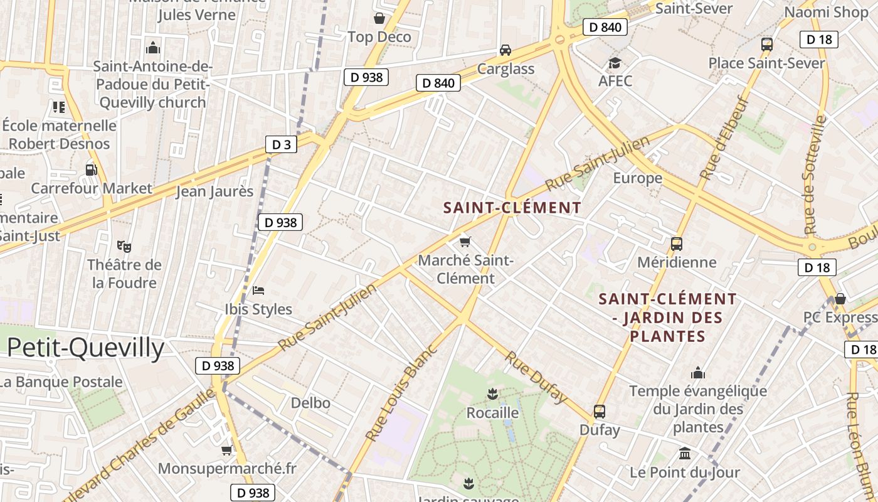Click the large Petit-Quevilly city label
tap(86, 348)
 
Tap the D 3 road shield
tap(281, 145)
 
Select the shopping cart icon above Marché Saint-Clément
tap(465, 242)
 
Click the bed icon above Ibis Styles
tap(258, 290)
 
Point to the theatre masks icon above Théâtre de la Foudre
tap(124, 246)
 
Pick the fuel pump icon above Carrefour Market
tap(92, 169)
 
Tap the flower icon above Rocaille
tap(492, 394)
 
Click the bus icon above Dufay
tap(600, 412)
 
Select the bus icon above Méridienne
tap(676, 244)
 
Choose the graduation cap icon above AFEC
tap(615, 63)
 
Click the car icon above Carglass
tap(505, 50)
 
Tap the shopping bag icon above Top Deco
tap(379, 18)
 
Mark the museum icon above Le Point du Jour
tap(685, 453)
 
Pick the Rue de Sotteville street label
tap(815, 175)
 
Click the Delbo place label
tap(310, 403)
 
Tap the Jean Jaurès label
tap(214, 191)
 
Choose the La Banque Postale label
tap(61, 382)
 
